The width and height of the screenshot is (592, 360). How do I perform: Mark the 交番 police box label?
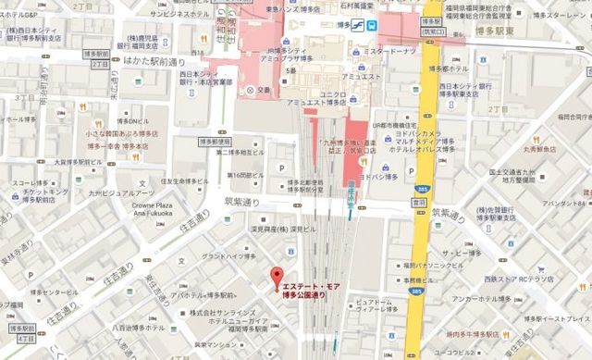[x=264, y=90]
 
